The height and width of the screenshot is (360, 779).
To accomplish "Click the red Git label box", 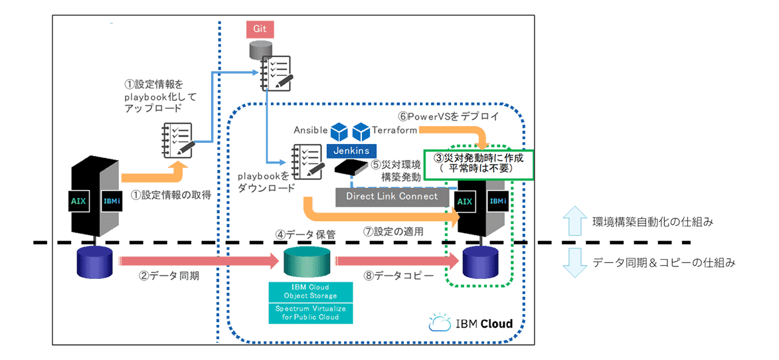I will (260, 29).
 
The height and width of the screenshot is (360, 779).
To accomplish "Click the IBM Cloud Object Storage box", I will (310, 291).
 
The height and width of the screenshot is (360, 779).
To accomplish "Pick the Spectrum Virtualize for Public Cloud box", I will (310, 312).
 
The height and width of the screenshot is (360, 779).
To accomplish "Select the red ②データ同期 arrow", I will (197, 261).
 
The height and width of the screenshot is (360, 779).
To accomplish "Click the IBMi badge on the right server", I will (497, 200).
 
